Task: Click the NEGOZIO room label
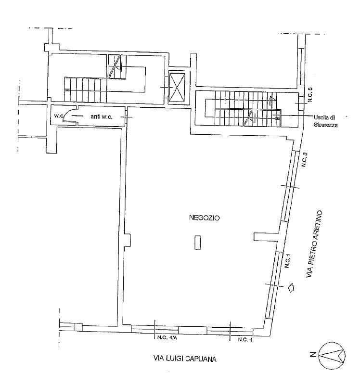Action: tap(205, 218)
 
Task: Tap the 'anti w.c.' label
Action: tap(101, 116)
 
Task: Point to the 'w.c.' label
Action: tap(58, 116)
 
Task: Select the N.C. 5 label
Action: tap(309, 95)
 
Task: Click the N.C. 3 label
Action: tap(305, 159)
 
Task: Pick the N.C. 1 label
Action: tap(288, 260)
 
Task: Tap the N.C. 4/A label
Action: tap(167, 338)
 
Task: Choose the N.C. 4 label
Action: tap(245, 339)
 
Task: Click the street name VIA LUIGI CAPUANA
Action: tap(185, 358)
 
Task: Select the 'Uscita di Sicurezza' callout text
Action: tap(325, 121)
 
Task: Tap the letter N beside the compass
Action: tap(313, 354)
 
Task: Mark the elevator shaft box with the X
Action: tap(177, 87)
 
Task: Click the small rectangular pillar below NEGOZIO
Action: tap(197, 243)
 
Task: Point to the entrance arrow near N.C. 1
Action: tap(291, 288)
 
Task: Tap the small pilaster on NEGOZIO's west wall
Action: tap(127, 240)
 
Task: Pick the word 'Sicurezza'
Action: tap(325, 124)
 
